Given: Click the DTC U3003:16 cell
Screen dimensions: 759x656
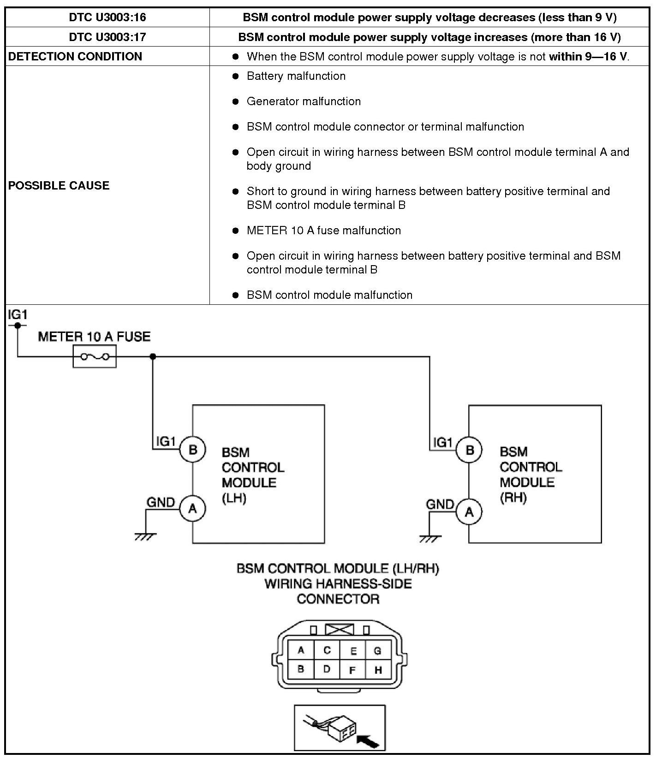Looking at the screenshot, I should tap(107, 18).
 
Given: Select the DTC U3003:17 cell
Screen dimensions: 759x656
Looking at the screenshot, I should tap(107, 37).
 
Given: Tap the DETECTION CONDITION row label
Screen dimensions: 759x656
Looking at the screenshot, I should tap(75, 56).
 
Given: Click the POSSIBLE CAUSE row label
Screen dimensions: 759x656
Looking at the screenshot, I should tap(59, 185).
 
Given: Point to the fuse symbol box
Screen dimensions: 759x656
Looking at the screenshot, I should tap(95, 356).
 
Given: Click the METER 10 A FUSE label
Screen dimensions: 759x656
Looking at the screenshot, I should tap(94, 337).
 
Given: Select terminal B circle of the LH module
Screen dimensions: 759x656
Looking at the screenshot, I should tap(193, 449).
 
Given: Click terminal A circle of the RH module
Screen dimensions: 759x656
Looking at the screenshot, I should tap(469, 512).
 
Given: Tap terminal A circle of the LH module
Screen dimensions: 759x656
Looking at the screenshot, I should tap(193, 509).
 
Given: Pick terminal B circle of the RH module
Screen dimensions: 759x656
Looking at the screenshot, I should tap(470, 450).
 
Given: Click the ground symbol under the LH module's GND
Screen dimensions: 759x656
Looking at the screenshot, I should tap(145, 536).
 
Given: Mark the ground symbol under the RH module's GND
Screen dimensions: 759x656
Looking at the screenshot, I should tap(430, 539).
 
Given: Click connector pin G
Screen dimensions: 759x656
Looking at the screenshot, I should tap(377, 651).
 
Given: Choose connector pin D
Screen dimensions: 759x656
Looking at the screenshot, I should tap(327, 669).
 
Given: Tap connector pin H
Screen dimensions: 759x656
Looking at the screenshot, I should tap(378, 670).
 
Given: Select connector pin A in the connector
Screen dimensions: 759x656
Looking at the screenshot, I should tap(301, 650).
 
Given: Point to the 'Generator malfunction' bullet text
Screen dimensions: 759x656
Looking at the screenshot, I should tap(304, 101).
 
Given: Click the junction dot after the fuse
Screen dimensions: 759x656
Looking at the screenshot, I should tap(153, 356).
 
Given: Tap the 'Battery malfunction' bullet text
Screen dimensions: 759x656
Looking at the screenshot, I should tap(296, 76).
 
